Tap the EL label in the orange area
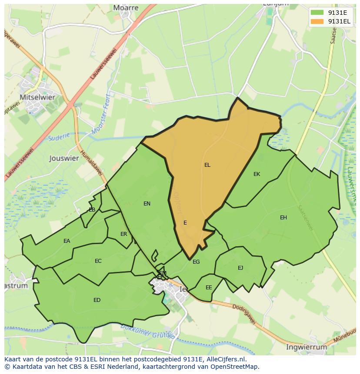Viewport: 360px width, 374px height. click(207, 165)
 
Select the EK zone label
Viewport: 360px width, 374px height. click(257, 174)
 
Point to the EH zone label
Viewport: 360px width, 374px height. click(283, 218)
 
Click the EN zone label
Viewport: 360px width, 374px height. click(147, 203)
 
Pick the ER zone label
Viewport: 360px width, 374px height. click(124, 234)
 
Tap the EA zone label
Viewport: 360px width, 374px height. click(67, 241)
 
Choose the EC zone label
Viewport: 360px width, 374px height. click(98, 261)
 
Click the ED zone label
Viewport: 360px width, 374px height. click(97, 300)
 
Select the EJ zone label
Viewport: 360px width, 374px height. click(240, 268)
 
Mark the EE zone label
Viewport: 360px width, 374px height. click(209, 288)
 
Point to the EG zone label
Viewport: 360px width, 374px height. click(196, 262)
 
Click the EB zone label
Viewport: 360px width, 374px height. click(92, 210)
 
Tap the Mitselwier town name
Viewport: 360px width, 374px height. click(37, 97)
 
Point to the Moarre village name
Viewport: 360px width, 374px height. click(126, 8)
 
